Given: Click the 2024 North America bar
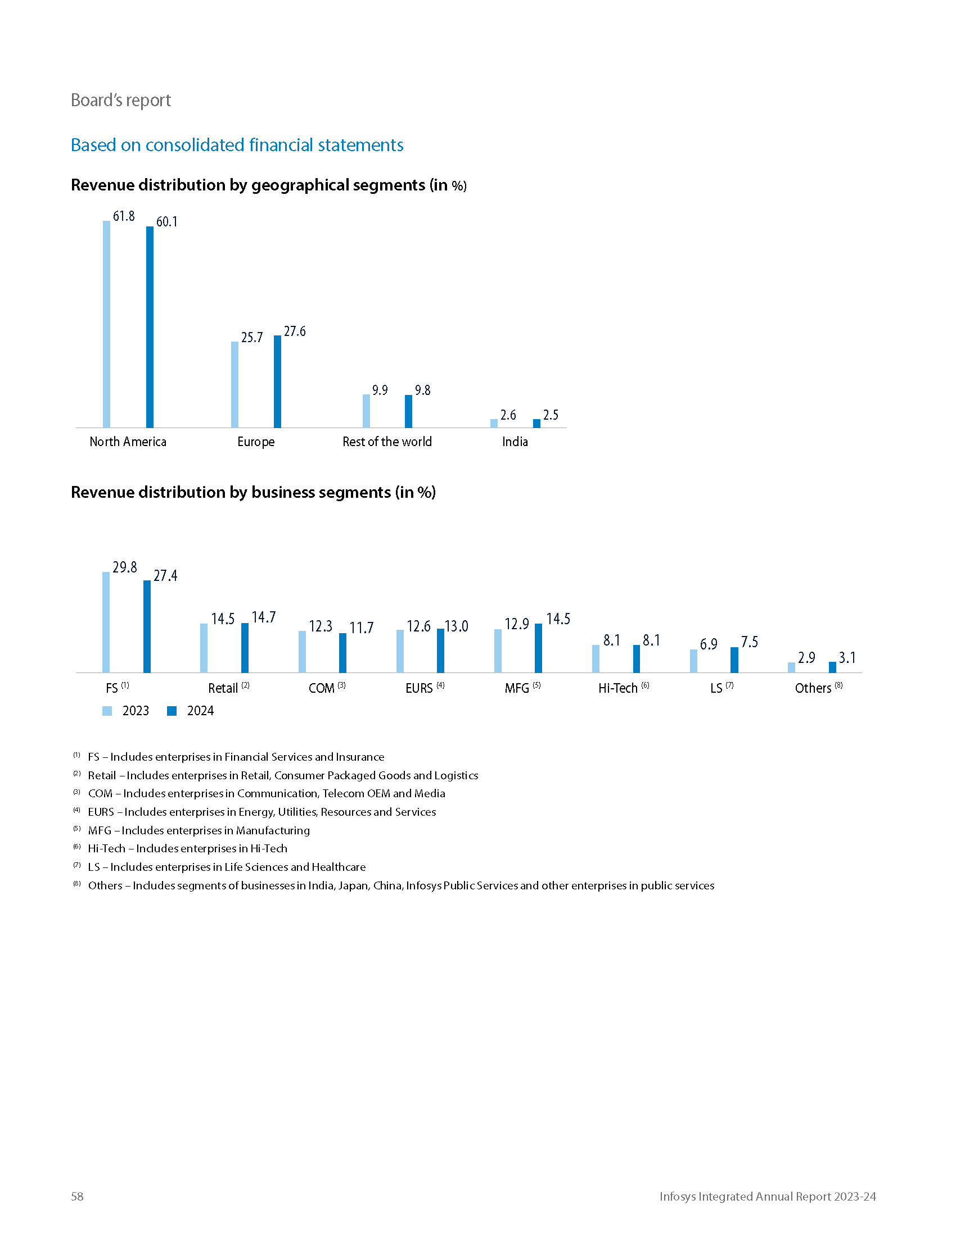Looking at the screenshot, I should (x=150, y=327).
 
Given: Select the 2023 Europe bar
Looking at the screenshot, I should (x=235, y=384).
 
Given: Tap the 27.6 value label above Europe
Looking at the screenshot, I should (x=295, y=331).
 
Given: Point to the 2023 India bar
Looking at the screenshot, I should (x=494, y=423).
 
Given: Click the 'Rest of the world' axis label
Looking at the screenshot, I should (x=387, y=442).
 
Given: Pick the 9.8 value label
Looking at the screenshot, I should (x=422, y=390).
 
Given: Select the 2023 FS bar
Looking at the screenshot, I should (x=106, y=622).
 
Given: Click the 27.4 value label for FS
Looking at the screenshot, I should (x=165, y=575).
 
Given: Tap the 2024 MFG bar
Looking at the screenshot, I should (x=538, y=648).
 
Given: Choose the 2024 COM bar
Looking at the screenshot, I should (x=342, y=652).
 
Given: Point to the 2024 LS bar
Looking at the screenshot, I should (x=734, y=660).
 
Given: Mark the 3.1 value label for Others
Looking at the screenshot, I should (x=847, y=658).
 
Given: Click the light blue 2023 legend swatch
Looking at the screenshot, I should (x=107, y=711).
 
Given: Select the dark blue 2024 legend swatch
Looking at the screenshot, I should (x=172, y=711).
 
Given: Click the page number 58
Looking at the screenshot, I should (x=77, y=1196).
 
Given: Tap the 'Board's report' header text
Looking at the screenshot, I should (x=121, y=100).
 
